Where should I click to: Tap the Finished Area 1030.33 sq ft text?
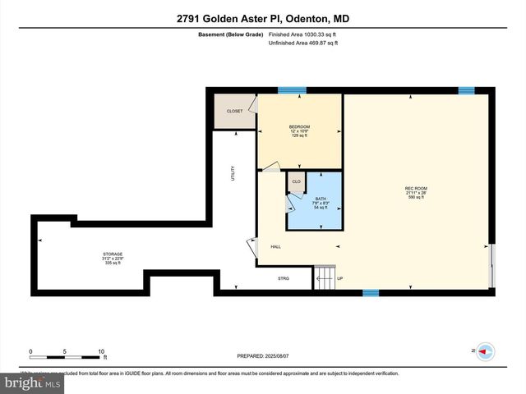point(302,34)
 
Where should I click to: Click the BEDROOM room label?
point(299,126)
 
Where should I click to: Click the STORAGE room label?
point(113,254)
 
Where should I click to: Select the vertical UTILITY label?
point(233,173)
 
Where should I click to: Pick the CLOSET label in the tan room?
point(234,111)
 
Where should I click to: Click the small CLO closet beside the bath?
point(296,181)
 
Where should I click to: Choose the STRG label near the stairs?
point(283,278)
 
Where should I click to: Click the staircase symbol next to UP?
point(325,278)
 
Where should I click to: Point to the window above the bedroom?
point(291,89)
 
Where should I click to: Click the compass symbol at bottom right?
point(486,351)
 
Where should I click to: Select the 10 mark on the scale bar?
point(101,351)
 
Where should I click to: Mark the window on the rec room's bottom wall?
point(371,292)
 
